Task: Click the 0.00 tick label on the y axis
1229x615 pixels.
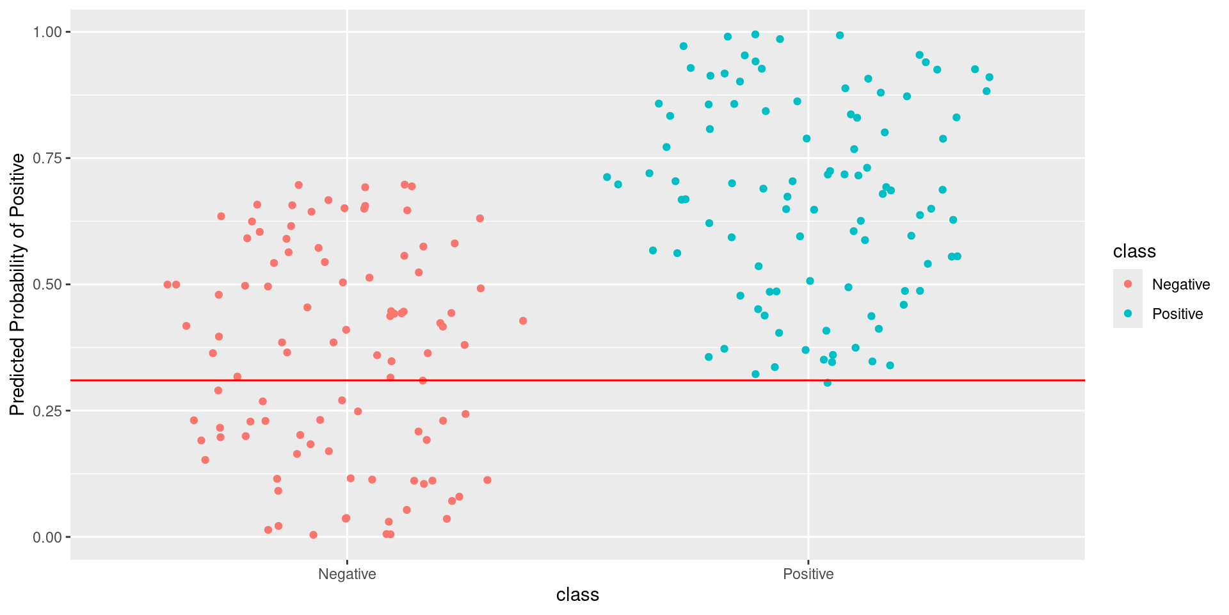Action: tap(47, 537)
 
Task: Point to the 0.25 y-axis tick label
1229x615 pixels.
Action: tap(47, 411)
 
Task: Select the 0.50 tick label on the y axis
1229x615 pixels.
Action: tap(47, 284)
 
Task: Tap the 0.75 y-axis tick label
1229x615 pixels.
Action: tap(47, 158)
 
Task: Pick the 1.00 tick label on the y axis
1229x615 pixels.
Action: tap(47, 32)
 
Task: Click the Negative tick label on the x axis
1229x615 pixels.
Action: tap(347, 574)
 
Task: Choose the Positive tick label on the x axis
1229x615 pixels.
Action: tap(808, 574)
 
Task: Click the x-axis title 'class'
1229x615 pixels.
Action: tap(577, 595)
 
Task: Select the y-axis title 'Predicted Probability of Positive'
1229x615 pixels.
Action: tap(17, 284)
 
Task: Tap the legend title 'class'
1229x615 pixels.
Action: tap(1134, 252)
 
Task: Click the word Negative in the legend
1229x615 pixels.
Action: tap(1180, 284)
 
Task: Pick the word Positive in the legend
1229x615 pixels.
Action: tap(1177, 314)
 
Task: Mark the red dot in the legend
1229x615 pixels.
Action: tap(1128, 284)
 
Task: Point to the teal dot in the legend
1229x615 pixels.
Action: tap(1128, 313)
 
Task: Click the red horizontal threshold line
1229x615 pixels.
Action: tap(576, 381)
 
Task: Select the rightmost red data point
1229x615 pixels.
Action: tap(523, 321)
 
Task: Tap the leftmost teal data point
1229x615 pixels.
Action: tap(607, 177)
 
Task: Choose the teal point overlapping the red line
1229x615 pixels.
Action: tap(827, 382)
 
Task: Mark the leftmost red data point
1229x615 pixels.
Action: tap(168, 284)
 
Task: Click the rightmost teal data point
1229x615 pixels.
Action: tap(989, 78)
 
